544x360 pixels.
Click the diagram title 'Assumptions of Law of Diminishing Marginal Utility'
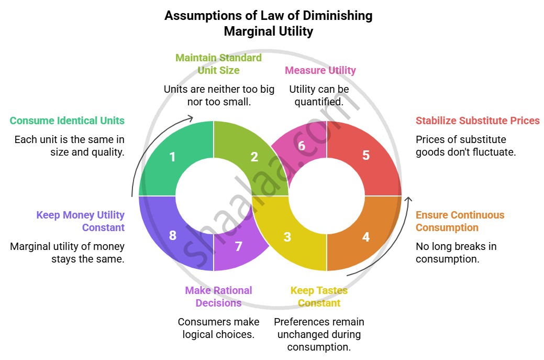(x=269, y=24)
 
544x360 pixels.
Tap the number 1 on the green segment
(x=172, y=157)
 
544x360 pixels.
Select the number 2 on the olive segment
(x=254, y=157)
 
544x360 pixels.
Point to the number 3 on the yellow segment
(x=287, y=237)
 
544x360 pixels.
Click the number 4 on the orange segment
(x=366, y=237)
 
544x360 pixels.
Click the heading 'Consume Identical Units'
(x=67, y=121)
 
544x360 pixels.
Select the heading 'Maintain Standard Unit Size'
(x=218, y=64)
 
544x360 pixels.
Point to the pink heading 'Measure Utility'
(x=320, y=70)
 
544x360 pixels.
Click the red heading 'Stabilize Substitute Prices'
(x=478, y=121)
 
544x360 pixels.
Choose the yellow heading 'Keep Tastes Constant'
(x=319, y=297)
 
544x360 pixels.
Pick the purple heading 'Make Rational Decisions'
(x=218, y=297)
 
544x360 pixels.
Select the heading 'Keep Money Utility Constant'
(x=80, y=221)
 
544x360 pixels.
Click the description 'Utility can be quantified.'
(x=319, y=95)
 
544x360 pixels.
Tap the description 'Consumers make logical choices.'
(x=218, y=328)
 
